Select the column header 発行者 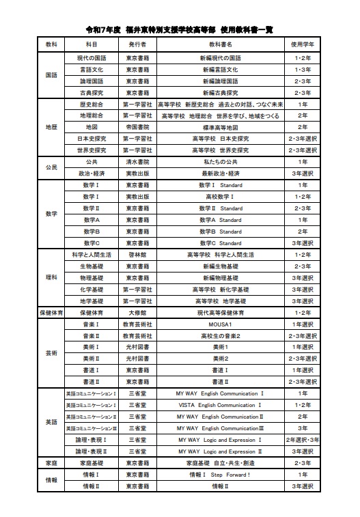(x=137, y=44)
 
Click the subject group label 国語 (x=51, y=75)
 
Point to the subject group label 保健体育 (x=51, y=312)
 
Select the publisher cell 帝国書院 (x=137, y=127)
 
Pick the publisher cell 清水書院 (x=137, y=162)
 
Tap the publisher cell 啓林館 (x=137, y=254)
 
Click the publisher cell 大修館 (x=137, y=312)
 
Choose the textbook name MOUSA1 (x=220, y=324)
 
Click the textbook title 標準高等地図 (x=220, y=127)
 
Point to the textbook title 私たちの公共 (x=220, y=162)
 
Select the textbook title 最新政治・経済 (x=220, y=173)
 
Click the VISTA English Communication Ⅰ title (x=220, y=405)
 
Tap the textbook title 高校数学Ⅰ (x=220, y=197)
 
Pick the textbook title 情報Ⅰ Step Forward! (x=220, y=474)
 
